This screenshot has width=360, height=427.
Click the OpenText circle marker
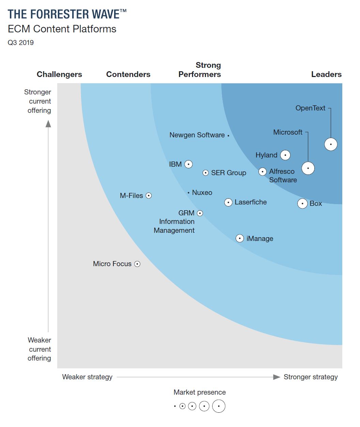(331, 144)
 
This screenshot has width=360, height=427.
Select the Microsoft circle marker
(308, 168)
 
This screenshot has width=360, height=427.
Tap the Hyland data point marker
(285, 155)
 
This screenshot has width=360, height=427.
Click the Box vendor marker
(302, 203)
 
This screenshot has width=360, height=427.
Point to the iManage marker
(240, 238)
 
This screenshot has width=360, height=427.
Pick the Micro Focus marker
(137, 264)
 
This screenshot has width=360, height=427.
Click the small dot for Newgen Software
(228, 136)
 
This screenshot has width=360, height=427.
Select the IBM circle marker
(188, 164)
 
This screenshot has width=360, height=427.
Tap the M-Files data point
(148, 196)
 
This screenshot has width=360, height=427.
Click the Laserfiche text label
(251, 202)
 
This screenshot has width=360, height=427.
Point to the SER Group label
(229, 173)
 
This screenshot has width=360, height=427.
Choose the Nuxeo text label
(202, 193)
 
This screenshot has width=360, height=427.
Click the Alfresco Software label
(282, 176)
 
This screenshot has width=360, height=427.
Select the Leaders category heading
(326, 74)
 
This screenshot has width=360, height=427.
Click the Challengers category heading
(59, 74)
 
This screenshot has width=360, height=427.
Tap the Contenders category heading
(128, 74)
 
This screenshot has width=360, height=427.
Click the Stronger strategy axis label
(310, 377)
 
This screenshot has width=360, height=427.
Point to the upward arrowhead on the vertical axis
(48, 124)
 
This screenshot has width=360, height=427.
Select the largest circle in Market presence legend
(219, 406)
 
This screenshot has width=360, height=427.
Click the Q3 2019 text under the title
(21, 43)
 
